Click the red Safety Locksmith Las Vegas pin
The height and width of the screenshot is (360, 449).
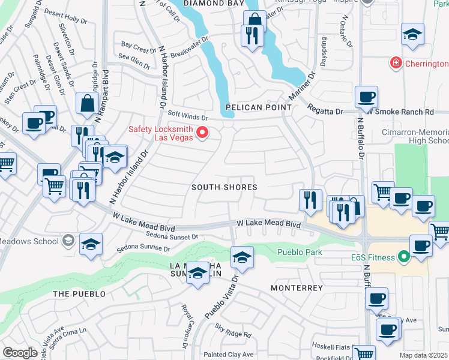202,133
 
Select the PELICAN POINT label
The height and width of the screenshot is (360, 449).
258,107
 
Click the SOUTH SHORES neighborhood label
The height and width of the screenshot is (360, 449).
224,187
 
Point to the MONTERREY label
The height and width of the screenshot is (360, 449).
297,288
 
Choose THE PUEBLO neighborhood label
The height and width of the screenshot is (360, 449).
79,294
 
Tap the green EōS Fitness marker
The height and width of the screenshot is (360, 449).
403,257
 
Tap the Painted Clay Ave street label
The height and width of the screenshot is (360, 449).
228,354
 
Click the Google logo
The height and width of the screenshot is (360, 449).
19,353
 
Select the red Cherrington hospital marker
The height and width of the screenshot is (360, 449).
395,62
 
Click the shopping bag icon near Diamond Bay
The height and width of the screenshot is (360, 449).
255,19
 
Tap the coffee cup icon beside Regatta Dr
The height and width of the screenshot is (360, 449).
366,96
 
